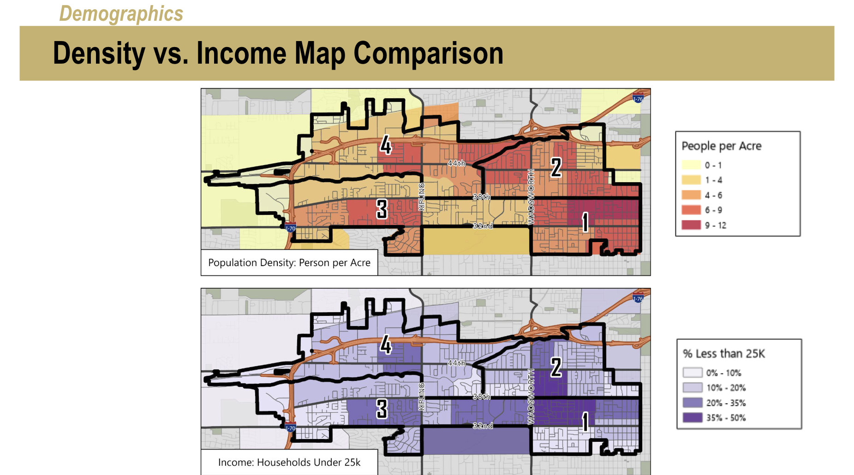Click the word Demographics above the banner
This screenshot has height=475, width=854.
coord(121,13)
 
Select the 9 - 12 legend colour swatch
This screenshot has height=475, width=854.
coord(691,225)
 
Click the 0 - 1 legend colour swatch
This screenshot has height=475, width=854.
coord(691,165)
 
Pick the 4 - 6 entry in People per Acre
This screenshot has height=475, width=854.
coord(713,195)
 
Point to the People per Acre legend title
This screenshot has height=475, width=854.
coord(721,146)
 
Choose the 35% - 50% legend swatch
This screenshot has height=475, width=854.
coord(693,418)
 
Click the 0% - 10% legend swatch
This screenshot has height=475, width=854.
coord(693,373)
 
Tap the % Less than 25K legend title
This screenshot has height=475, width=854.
coord(723,354)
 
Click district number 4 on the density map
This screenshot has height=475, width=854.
coord(386,145)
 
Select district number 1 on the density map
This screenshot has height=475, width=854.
coord(585,222)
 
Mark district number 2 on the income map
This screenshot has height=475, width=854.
coord(556,367)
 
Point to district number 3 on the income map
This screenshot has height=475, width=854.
coord(382,409)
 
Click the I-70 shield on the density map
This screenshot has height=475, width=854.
coord(290,228)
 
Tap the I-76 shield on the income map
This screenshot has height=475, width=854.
coord(638,298)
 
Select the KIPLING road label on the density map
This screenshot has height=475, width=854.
coord(421,197)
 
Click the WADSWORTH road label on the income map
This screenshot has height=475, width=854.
coord(531,397)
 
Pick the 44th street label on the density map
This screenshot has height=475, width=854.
coord(456,163)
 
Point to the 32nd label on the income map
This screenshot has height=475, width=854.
coord(483,426)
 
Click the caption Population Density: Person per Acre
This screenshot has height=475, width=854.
coord(289,263)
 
